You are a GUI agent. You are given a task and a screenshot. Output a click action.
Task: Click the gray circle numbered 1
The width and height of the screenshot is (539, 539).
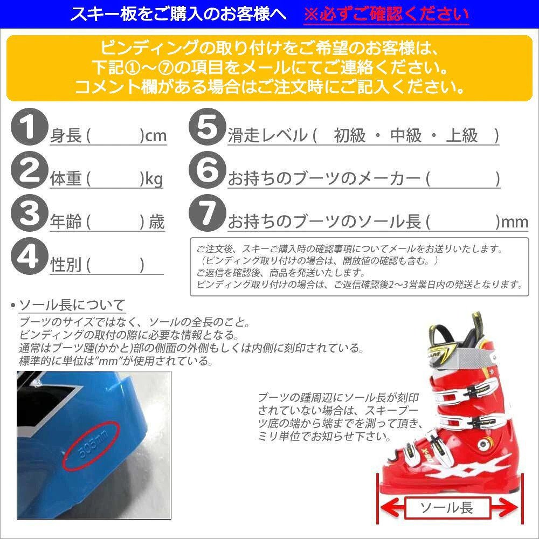coord(26,128)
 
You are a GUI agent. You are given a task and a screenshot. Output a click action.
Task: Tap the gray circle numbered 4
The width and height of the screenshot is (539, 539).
coord(26,257)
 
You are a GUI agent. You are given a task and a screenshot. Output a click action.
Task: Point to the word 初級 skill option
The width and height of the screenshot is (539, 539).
coord(349,135)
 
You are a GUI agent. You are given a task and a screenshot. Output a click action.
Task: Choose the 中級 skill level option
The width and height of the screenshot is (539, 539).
coord(405,135)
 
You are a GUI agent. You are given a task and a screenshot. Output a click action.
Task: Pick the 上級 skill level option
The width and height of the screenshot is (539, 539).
coord(462,135)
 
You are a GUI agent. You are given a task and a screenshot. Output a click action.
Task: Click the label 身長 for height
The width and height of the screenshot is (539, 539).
coord(66,135)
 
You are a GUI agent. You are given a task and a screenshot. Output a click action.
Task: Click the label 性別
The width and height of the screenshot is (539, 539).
coord(66,265)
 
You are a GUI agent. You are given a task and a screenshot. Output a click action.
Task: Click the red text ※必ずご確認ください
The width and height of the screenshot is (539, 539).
coord(386,14)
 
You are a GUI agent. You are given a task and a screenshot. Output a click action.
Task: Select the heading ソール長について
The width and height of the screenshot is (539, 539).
coord(72,306)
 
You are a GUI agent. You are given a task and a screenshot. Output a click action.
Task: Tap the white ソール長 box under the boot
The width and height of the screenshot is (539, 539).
coord(446,507)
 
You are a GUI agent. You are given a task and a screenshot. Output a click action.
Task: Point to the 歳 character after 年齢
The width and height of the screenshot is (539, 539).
coord(157,222)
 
